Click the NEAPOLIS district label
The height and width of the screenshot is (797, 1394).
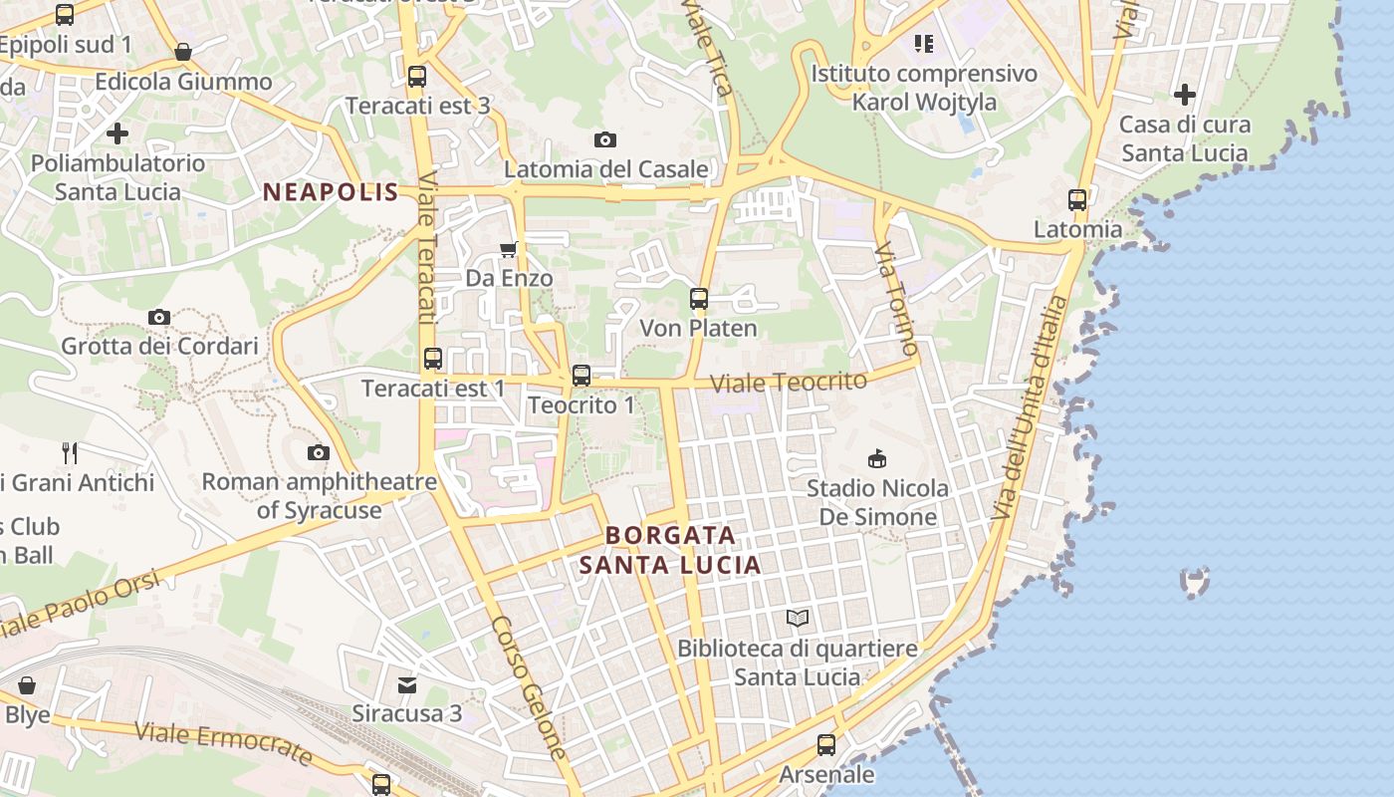(331, 192)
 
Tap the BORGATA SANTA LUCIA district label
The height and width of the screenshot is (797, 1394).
(671, 550)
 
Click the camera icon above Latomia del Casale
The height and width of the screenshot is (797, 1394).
(604, 140)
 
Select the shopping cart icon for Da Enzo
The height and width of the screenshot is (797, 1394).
(509, 249)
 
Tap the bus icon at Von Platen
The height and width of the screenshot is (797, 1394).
(699, 298)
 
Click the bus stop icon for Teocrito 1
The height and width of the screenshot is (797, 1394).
(581, 376)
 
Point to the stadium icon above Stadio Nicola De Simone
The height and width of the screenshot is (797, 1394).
(877, 458)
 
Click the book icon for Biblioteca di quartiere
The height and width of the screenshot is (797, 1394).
(798, 619)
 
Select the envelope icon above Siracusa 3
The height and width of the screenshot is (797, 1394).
(407, 684)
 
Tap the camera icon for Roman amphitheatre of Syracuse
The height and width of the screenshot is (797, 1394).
(319, 453)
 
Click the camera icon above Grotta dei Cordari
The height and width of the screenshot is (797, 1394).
(159, 318)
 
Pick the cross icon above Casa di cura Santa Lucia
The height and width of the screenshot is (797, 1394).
(1184, 96)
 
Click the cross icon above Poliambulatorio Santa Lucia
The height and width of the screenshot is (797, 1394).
(117, 133)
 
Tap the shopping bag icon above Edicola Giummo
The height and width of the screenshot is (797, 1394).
(183, 52)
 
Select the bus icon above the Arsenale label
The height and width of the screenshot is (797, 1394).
(826, 744)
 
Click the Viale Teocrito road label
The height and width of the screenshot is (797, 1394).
(789, 382)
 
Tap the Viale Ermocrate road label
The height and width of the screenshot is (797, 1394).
(223, 743)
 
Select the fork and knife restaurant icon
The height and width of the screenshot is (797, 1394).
(70, 453)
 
